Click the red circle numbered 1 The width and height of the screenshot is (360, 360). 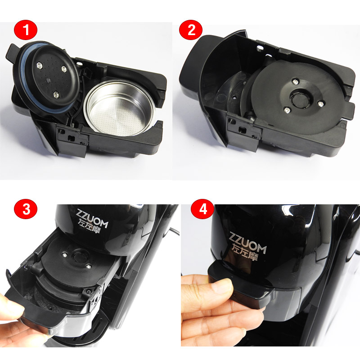[x=26, y=30]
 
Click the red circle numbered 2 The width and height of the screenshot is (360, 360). [x=191, y=30]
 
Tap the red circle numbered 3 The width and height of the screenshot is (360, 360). [x=26, y=209]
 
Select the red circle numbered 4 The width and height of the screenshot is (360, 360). [x=202, y=209]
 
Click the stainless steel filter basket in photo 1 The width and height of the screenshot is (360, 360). [x=119, y=108]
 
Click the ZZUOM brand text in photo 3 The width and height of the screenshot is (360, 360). [x=91, y=219]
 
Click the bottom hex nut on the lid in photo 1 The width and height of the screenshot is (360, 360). [x=56, y=94]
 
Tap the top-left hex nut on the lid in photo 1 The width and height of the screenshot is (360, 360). [x=40, y=66]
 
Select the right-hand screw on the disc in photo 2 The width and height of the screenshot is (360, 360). [x=321, y=104]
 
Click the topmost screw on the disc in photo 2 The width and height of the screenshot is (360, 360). [x=295, y=81]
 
